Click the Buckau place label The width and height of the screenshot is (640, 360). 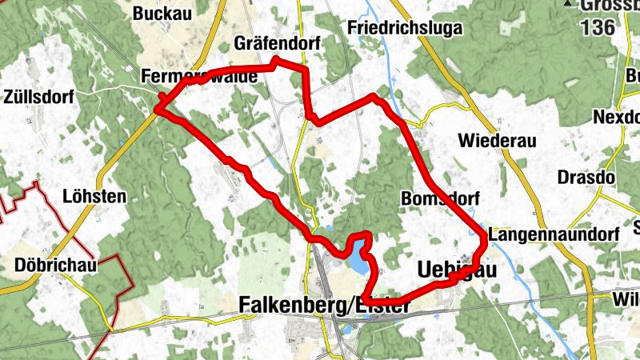coord(162,13)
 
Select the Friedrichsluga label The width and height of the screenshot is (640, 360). coord(394,27)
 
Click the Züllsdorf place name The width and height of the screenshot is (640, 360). coord(38,98)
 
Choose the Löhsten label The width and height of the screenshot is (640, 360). coord(94,196)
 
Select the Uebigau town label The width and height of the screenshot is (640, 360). coord(457,270)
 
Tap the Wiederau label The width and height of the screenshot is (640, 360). coord(496,141)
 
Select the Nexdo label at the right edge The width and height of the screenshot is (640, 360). coord(617,118)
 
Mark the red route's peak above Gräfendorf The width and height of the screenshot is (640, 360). coord(276,60)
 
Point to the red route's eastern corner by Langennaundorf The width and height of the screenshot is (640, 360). coord(484,236)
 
